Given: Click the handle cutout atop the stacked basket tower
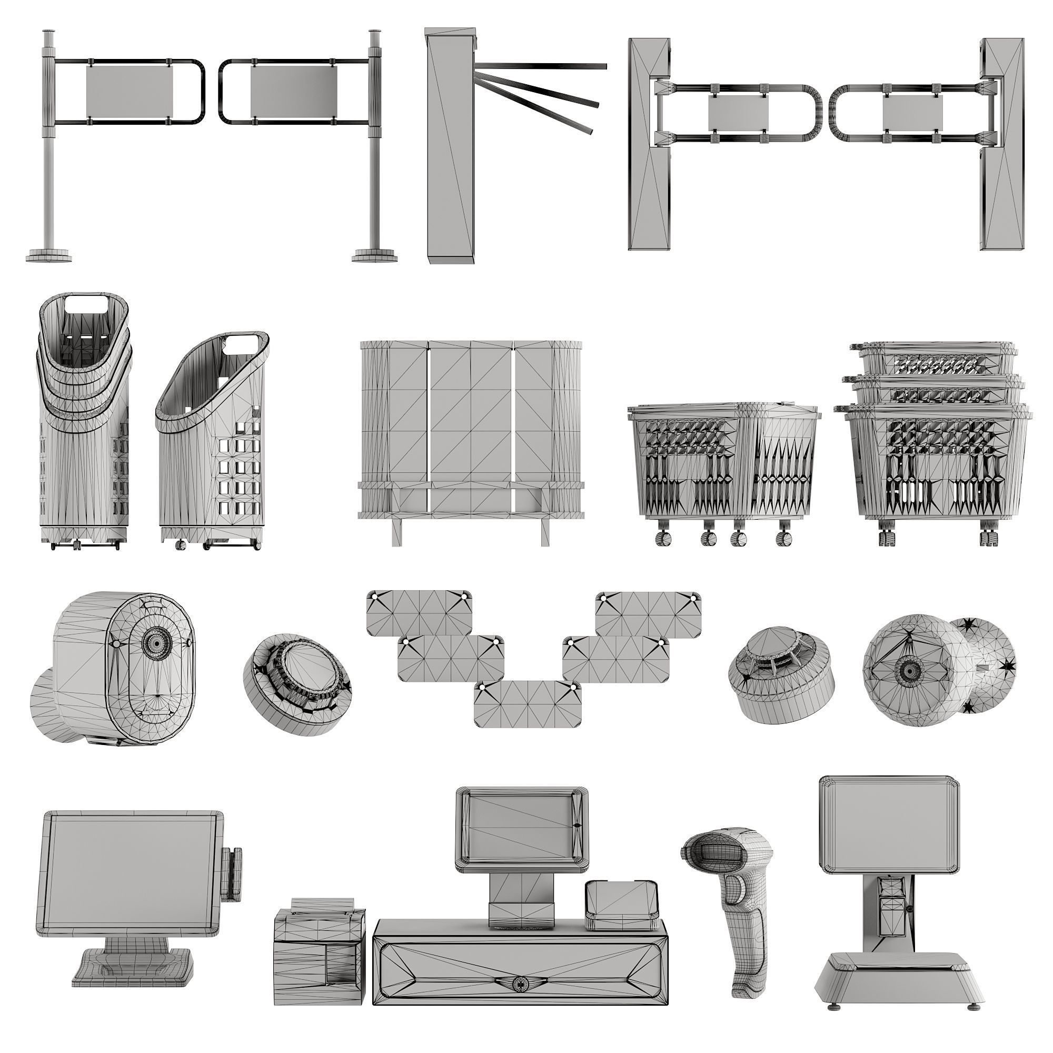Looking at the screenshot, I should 87,303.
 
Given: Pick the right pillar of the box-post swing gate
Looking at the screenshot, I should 1002,144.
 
